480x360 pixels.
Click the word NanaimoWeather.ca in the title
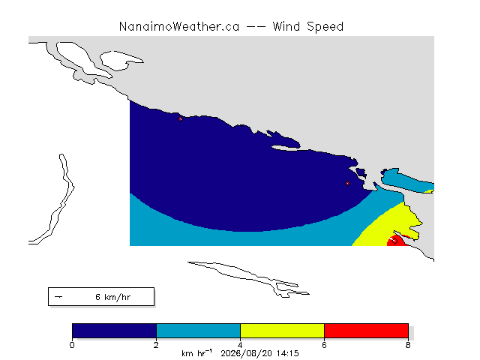(179, 27)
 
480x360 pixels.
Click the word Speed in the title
(325, 27)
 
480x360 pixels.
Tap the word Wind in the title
(286, 26)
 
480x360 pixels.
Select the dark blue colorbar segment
(114, 331)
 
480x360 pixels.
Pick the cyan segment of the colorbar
(198, 331)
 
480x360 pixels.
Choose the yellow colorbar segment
(282, 331)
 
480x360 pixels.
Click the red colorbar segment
(366, 331)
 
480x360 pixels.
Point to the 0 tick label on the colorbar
(72, 345)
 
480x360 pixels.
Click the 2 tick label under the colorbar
(156, 345)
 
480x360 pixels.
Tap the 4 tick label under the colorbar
(240, 345)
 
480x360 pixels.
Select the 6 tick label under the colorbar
(324, 345)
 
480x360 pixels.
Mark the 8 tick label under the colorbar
(408, 345)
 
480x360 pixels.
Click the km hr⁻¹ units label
(196, 353)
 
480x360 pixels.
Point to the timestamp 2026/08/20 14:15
(259, 353)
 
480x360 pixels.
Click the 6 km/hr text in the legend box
(113, 297)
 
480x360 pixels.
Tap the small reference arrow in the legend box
(58, 297)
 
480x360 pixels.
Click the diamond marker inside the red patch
(394, 241)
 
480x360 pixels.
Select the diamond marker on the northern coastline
(180, 119)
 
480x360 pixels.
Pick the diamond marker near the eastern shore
(347, 183)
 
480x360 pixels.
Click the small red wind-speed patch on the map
(397, 241)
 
